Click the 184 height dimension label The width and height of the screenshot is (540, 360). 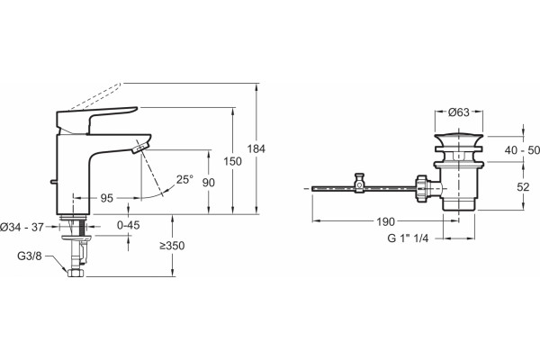(x=256, y=149)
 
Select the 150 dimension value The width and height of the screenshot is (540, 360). (x=233, y=161)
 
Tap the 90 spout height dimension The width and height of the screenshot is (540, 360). (x=209, y=182)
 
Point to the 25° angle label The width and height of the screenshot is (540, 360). (x=184, y=179)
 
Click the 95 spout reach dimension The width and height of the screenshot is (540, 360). (x=107, y=198)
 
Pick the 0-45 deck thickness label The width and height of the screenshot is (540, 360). (x=129, y=225)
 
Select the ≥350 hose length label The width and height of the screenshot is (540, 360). (x=172, y=246)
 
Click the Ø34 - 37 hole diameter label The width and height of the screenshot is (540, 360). (x=22, y=227)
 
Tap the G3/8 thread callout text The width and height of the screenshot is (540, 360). (x=30, y=256)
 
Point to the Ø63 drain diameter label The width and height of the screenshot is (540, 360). (x=459, y=112)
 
